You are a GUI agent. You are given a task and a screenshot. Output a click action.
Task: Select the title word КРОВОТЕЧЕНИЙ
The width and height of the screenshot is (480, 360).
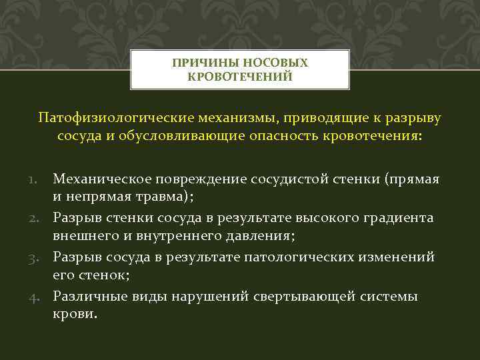(x=240, y=77)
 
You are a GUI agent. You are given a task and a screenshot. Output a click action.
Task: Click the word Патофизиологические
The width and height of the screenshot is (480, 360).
(x=116, y=118)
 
